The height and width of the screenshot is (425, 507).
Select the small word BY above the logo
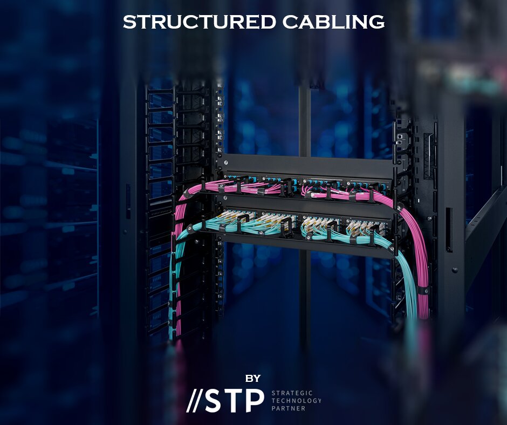(x=252, y=378)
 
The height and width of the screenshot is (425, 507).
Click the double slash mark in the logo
(x=195, y=400)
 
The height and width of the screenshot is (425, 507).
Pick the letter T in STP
(x=235, y=400)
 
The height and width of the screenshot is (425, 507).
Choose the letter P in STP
(x=255, y=400)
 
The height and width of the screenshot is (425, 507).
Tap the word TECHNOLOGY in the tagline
(x=296, y=401)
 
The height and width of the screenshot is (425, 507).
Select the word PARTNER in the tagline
(x=289, y=408)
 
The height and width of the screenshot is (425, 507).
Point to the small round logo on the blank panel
(x=222, y=161)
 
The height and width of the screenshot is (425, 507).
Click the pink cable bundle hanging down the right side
(x=421, y=259)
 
